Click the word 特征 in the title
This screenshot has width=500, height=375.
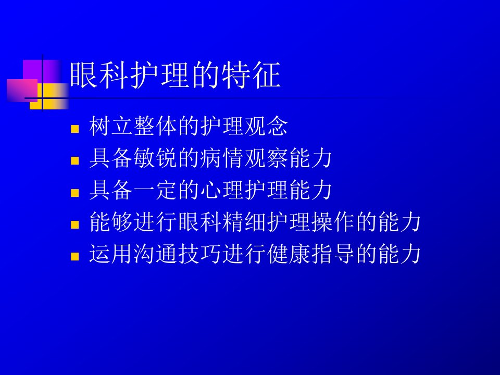pos(251,75)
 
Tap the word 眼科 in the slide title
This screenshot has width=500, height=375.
pos(99,75)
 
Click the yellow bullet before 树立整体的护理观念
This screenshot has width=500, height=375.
pos(75,129)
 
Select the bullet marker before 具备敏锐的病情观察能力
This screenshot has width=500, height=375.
pos(75,160)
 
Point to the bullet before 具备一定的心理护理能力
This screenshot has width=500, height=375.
pos(75,193)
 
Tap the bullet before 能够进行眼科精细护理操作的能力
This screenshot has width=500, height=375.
pos(75,224)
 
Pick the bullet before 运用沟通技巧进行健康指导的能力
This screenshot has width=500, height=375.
pos(75,256)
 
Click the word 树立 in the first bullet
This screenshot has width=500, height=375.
pos(111,126)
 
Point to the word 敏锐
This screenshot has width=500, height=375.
pos(155,158)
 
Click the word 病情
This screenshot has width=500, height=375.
pos(222,158)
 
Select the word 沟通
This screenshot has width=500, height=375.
pos(155,254)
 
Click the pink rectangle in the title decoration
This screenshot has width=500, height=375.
pos(22,90)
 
